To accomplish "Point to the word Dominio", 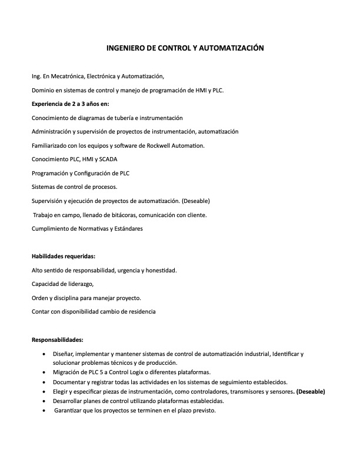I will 43,90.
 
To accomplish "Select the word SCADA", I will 108,159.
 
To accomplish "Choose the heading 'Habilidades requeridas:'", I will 64,256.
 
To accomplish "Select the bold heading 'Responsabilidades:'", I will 58,339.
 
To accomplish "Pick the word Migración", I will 68,373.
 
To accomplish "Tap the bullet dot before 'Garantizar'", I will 46,411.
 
